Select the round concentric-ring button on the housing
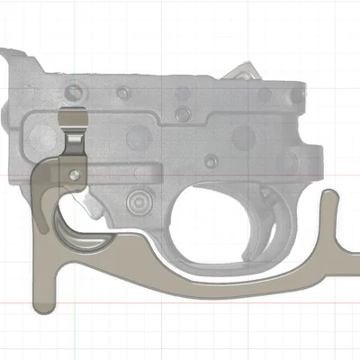[x=138, y=200]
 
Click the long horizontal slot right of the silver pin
[x=126, y=170]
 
